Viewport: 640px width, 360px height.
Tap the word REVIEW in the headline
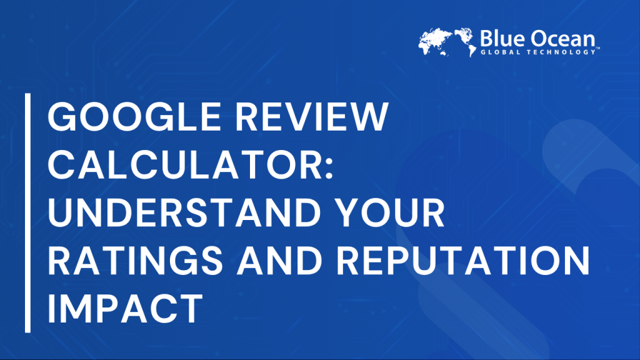(x=312, y=116)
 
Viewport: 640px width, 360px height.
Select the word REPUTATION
(x=463, y=260)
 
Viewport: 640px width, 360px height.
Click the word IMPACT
(x=125, y=308)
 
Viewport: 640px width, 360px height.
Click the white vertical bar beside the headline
(x=27, y=212)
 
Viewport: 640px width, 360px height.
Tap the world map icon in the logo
(x=447, y=42)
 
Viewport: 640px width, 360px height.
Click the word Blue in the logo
(x=502, y=39)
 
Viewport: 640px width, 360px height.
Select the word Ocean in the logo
(x=562, y=39)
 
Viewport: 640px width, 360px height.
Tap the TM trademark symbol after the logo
(x=597, y=48)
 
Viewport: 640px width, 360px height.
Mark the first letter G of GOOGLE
(x=61, y=116)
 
